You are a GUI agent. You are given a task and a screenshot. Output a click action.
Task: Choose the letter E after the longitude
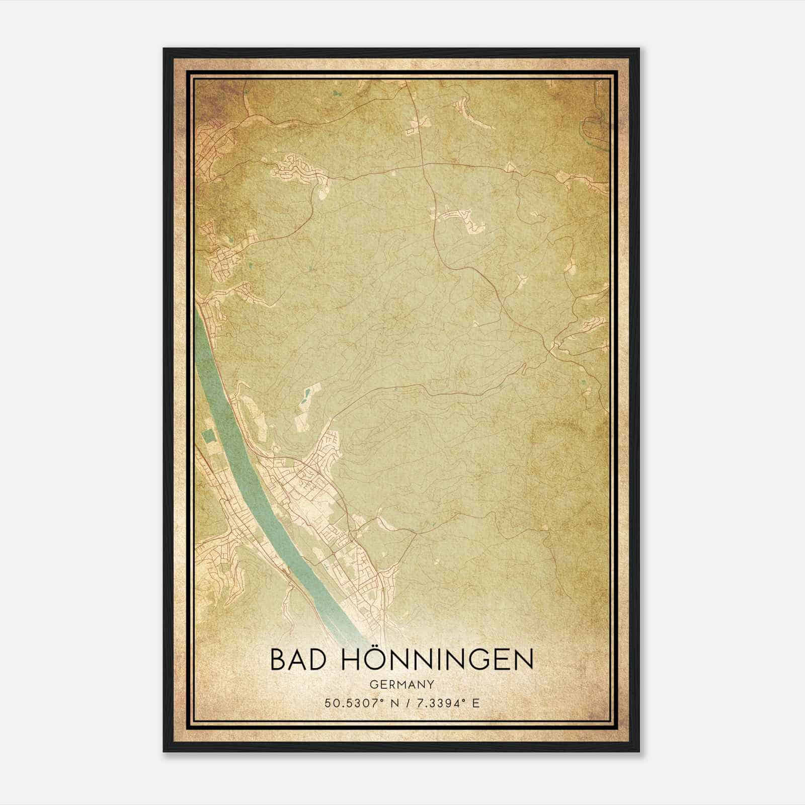(476, 703)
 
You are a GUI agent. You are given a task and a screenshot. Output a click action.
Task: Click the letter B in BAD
(277, 659)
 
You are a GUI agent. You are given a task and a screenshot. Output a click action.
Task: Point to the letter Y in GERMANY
(431, 684)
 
